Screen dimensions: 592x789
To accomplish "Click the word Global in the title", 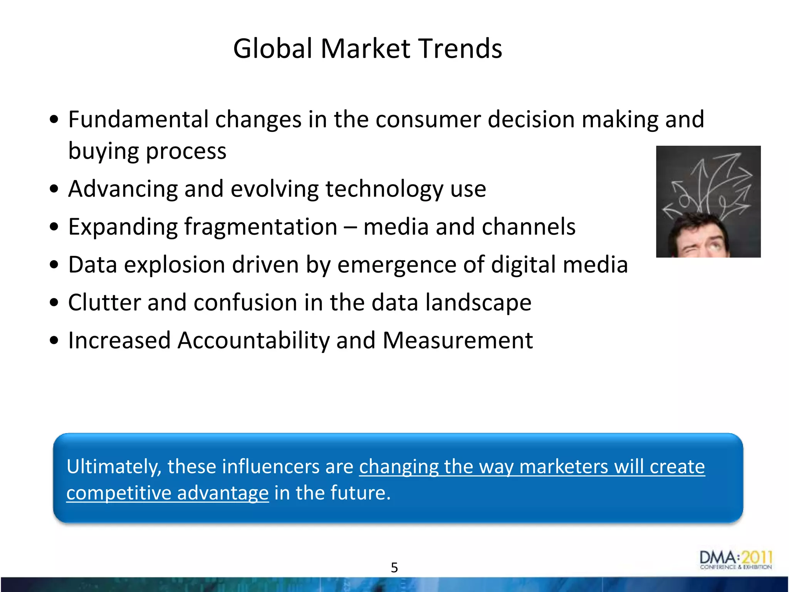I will [272, 49].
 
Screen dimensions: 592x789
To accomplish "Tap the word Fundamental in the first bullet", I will [138, 119].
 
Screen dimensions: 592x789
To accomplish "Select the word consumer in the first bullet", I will [428, 119].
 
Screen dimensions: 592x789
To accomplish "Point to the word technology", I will [384, 189].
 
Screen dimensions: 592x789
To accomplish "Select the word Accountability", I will [253, 340].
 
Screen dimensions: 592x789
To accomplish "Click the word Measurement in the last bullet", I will [458, 340].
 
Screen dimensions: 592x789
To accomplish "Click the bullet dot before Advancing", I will [54, 189].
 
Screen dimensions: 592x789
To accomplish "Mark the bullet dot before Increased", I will [54, 341].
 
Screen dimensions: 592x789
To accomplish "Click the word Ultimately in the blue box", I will [114, 467].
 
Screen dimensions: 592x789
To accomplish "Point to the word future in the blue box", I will [360, 493].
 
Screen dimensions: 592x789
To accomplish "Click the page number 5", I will [394, 567].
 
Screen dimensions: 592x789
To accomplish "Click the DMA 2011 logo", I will [735, 560].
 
